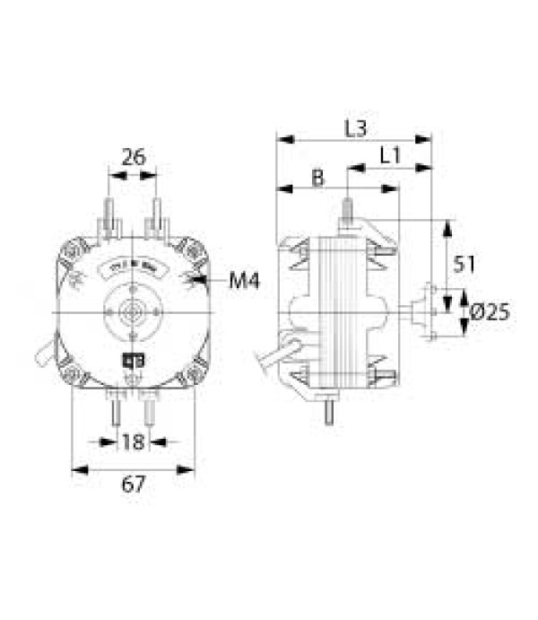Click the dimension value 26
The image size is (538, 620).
click(x=133, y=157)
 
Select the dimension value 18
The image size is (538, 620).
click(x=133, y=441)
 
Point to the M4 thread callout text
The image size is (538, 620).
click(x=243, y=282)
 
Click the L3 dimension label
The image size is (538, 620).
click(x=355, y=128)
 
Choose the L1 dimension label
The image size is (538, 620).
click(x=389, y=155)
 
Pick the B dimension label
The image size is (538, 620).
click(x=317, y=178)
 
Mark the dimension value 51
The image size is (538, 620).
click(x=463, y=264)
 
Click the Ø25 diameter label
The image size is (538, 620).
click(x=490, y=312)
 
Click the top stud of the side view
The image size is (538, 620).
click(x=346, y=210)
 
